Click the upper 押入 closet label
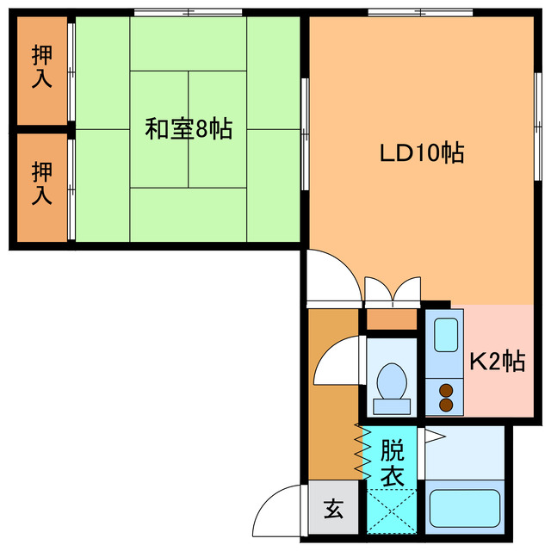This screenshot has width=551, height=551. (x=40, y=66)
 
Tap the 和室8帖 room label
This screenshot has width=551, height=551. (x=188, y=130)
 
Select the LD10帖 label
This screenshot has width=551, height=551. (x=422, y=153)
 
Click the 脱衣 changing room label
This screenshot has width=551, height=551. (x=391, y=463)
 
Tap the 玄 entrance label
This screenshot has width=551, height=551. (x=332, y=509)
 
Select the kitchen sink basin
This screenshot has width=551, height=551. (x=444, y=336)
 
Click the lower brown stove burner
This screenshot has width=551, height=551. (x=446, y=404)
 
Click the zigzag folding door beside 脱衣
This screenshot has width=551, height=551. (x=362, y=454)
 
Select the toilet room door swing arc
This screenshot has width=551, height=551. (x=336, y=362)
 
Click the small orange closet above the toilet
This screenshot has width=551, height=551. (x=392, y=319)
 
